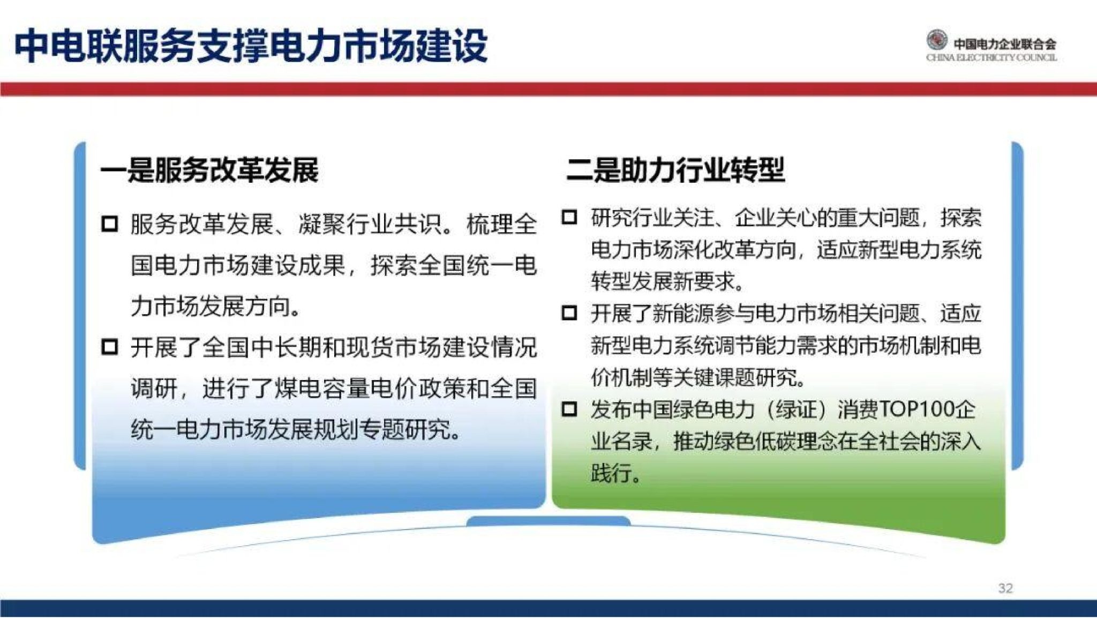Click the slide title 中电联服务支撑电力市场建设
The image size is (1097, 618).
[x=251, y=46]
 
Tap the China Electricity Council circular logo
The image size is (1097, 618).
[x=937, y=41]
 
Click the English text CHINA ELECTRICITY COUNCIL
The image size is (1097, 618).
[x=991, y=58]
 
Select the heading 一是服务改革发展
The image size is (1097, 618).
[x=209, y=170]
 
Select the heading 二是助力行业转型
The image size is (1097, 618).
[x=675, y=170]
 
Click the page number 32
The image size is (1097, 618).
[x=1005, y=588]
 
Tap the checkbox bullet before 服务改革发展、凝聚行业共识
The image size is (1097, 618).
[x=109, y=224]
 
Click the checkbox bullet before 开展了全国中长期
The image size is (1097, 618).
[x=109, y=347]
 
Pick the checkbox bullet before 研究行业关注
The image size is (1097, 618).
[x=569, y=217]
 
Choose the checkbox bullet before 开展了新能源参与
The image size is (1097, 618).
[x=569, y=313]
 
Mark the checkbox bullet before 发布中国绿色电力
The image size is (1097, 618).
[x=569, y=409]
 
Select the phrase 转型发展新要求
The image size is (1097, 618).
[x=667, y=281]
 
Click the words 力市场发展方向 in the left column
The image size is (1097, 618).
[x=214, y=306]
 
